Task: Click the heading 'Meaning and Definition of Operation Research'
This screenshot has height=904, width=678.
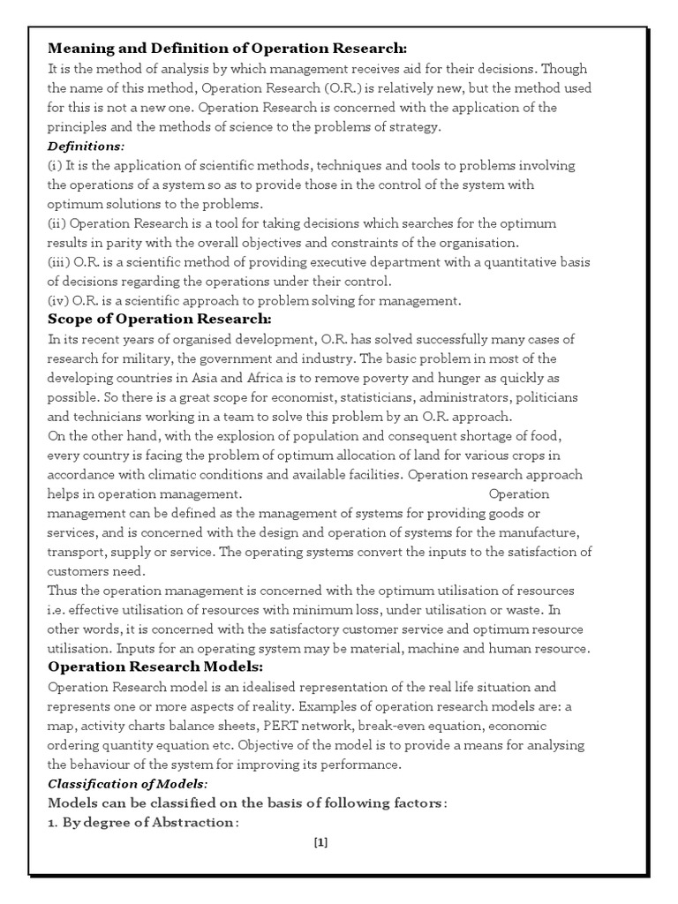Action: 227,48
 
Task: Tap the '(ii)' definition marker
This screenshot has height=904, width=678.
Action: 58,223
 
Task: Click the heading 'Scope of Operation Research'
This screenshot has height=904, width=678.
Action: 159,319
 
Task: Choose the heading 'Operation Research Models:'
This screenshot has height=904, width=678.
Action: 155,666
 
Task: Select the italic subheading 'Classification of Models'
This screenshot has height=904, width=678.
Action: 128,783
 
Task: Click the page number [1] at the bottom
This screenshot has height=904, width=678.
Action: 320,841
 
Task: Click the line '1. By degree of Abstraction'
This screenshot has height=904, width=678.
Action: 142,823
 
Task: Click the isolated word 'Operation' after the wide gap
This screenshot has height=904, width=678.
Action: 519,493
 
